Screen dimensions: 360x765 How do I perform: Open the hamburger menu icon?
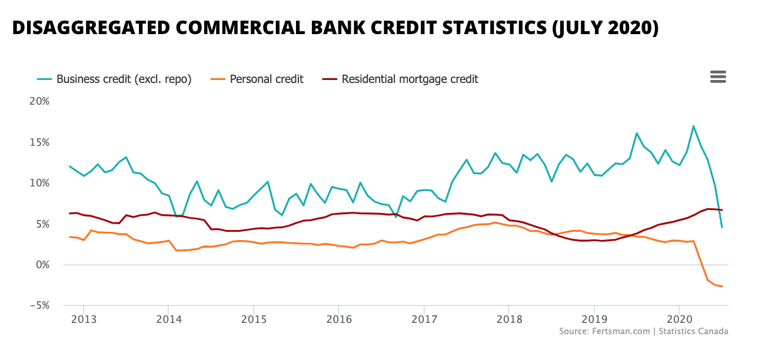point(718,77)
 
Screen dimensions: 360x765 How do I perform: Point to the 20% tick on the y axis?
point(40,101)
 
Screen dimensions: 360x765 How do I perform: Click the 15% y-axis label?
point(40,142)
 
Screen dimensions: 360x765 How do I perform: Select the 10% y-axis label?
point(40,183)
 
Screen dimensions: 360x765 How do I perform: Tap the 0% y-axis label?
point(42,265)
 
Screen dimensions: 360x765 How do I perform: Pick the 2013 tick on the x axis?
point(84,318)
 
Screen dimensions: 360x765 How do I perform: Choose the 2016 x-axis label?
point(338,318)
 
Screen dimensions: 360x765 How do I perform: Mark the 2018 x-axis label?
point(509,318)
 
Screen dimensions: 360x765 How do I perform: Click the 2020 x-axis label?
point(679,318)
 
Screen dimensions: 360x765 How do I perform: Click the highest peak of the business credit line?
point(693,126)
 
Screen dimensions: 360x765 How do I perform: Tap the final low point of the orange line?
point(721,286)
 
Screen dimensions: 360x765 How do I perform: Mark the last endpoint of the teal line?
point(722,227)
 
